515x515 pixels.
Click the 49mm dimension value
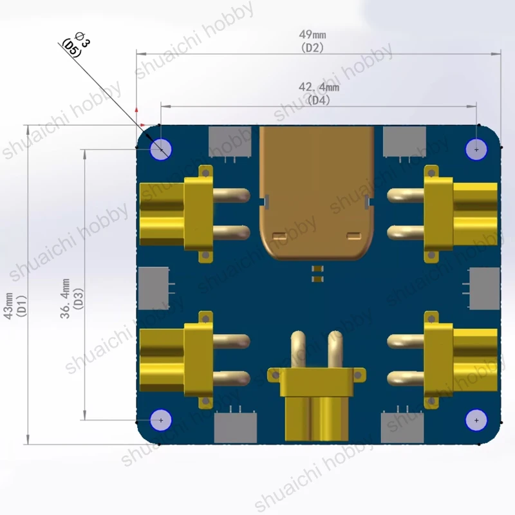click(x=312, y=35)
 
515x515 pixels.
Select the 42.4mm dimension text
click(x=319, y=87)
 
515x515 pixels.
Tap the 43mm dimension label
click(x=8, y=305)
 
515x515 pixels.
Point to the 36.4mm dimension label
click(x=65, y=299)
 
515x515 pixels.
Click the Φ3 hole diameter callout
click(x=82, y=39)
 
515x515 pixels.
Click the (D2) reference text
click(x=312, y=48)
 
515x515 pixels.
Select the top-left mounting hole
click(x=161, y=149)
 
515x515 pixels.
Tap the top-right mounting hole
click(x=476, y=149)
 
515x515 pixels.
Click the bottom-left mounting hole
click(x=161, y=420)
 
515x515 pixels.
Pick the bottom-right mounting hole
click(x=476, y=420)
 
